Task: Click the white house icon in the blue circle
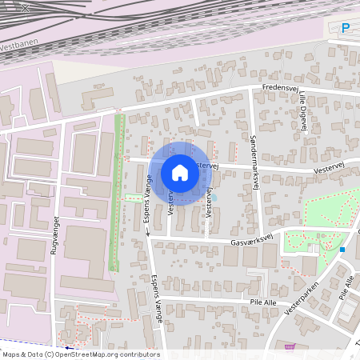coord(180,172)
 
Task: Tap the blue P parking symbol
coord(346,28)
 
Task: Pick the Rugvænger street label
coord(56,234)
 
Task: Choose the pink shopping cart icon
coord(290,347)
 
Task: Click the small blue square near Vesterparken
coord(342,250)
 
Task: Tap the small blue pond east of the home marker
coord(214,197)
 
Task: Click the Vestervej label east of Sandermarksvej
coord(328,170)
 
